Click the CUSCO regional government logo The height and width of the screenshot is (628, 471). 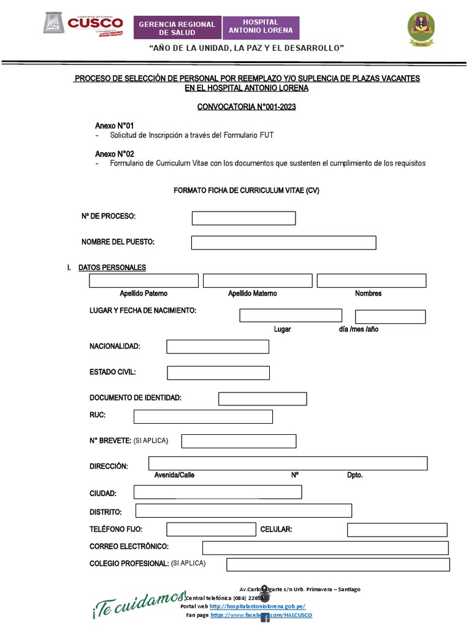[x=83, y=25]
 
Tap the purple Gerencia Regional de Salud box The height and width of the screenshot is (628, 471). [x=177, y=28]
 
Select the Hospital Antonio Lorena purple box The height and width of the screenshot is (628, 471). [x=261, y=26]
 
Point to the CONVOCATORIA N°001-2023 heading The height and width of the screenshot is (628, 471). [x=247, y=107]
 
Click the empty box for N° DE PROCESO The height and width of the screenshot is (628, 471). [x=243, y=218]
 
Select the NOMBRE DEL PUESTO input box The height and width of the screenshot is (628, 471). [x=283, y=243]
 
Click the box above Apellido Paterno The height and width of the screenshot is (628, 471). [x=144, y=281]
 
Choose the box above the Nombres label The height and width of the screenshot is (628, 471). [x=371, y=281]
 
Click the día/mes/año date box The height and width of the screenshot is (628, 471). [x=390, y=317]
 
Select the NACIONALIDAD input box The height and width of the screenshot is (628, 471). [x=218, y=347]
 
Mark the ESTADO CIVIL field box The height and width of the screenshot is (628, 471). [x=218, y=373]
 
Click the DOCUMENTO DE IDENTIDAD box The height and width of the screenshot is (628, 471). [x=262, y=399]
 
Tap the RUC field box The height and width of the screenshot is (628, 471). [x=203, y=417]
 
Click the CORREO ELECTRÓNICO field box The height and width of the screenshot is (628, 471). [x=325, y=548]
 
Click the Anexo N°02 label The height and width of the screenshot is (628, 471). [x=115, y=153]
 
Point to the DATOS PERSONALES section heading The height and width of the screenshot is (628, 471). [x=112, y=267]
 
